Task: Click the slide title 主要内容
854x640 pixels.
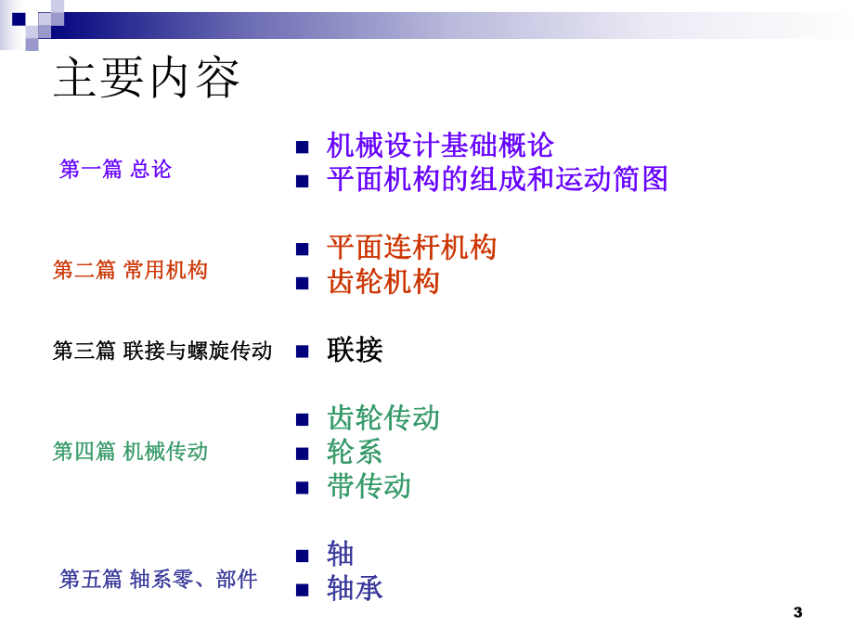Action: pyautogui.click(x=147, y=78)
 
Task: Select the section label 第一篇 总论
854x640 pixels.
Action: pyautogui.click(x=115, y=169)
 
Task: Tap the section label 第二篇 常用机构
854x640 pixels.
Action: pyautogui.click(x=130, y=270)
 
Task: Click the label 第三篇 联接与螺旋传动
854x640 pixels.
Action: pyautogui.click(x=162, y=351)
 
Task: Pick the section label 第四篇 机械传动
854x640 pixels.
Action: pyautogui.click(x=130, y=452)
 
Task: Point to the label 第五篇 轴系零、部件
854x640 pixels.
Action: pyautogui.click(x=159, y=580)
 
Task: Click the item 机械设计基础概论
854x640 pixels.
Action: pyautogui.click(x=440, y=146)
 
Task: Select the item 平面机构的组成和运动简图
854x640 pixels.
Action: pyautogui.click(x=498, y=179)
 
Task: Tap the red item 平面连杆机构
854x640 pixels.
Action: pyautogui.click(x=411, y=248)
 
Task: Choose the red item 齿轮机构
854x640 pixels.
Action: pyautogui.click(x=383, y=282)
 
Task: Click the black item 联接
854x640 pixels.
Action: pyautogui.click(x=355, y=350)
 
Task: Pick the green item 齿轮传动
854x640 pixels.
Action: pyautogui.click(x=383, y=417)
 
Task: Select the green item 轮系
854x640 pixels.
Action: pyautogui.click(x=355, y=452)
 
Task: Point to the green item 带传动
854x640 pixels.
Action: pyautogui.click(x=369, y=486)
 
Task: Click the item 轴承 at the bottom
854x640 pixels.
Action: pyautogui.click(x=355, y=588)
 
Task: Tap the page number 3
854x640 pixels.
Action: pyautogui.click(x=797, y=612)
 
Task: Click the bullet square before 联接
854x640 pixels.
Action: pyautogui.click(x=302, y=352)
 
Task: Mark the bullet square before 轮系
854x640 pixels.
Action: pyautogui.click(x=302, y=454)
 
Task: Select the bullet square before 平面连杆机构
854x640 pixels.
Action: pyautogui.click(x=302, y=250)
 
